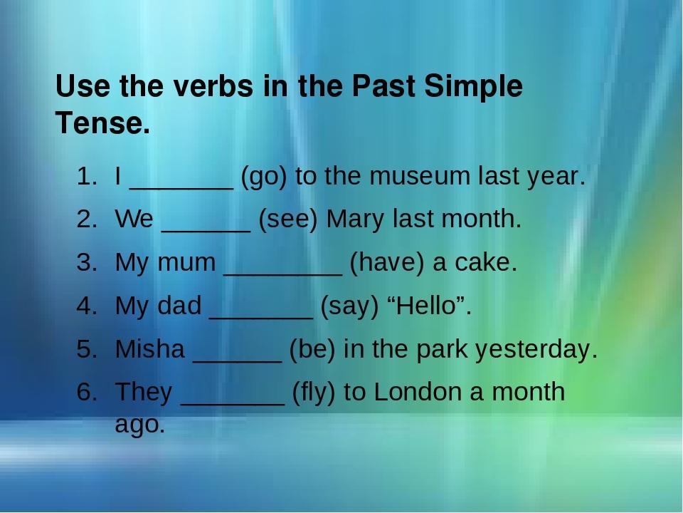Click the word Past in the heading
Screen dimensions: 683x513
(383, 85)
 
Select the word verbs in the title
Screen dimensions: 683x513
(213, 85)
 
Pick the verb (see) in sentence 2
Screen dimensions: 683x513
(288, 219)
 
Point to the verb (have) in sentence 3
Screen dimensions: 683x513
(387, 263)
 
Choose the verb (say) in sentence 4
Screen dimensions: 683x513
(350, 306)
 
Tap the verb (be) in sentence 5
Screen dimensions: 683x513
(313, 349)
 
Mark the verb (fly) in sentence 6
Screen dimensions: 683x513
(314, 392)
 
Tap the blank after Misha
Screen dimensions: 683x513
(238, 361)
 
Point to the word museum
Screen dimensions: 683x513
(420, 177)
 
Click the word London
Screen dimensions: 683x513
(418, 392)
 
